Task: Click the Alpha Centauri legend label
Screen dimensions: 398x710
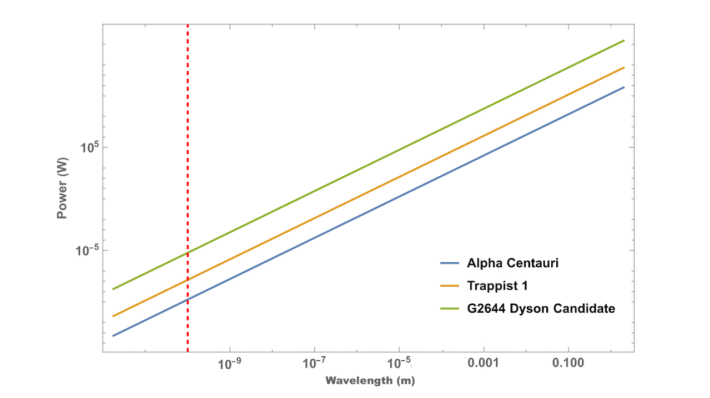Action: [512, 263]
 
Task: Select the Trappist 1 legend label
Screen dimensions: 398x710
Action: [497, 285]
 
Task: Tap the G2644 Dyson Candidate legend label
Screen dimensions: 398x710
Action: [541, 308]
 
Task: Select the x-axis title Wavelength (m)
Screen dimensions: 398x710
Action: [370, 381]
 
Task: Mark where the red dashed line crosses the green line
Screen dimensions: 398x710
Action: [188, 253]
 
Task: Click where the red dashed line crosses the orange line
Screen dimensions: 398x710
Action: [188, 280]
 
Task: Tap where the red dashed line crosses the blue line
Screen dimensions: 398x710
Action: [188, 299]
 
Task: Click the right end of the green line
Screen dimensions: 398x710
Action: [624, 40]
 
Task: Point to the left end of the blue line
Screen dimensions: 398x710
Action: [113, 336]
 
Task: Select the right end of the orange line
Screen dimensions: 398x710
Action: [624, 68]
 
